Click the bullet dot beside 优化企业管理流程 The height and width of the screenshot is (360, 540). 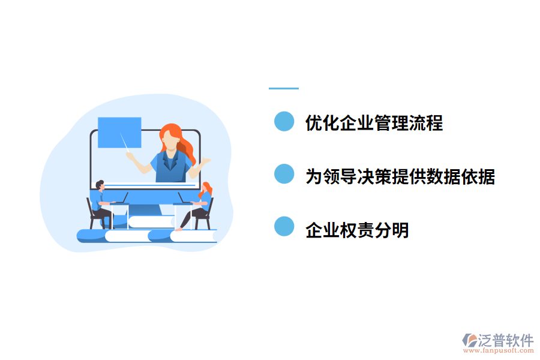(x=284, y=122)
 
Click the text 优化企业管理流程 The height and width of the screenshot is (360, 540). (x=374, y=123)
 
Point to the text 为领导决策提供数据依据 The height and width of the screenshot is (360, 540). (x=400, y=176)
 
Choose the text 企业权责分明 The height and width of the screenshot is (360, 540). (x=357, y=229)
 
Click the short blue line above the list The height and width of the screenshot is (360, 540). (x=283, y=88)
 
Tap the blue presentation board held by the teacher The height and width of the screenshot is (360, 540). (x=119, y=132)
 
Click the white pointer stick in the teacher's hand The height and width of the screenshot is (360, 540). (x=124, y=144)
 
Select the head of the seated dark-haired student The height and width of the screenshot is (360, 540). (x=100, y=185)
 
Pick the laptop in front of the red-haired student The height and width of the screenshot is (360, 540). (x=182, y=199)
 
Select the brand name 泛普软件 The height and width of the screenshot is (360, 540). (x=506, y=340)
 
